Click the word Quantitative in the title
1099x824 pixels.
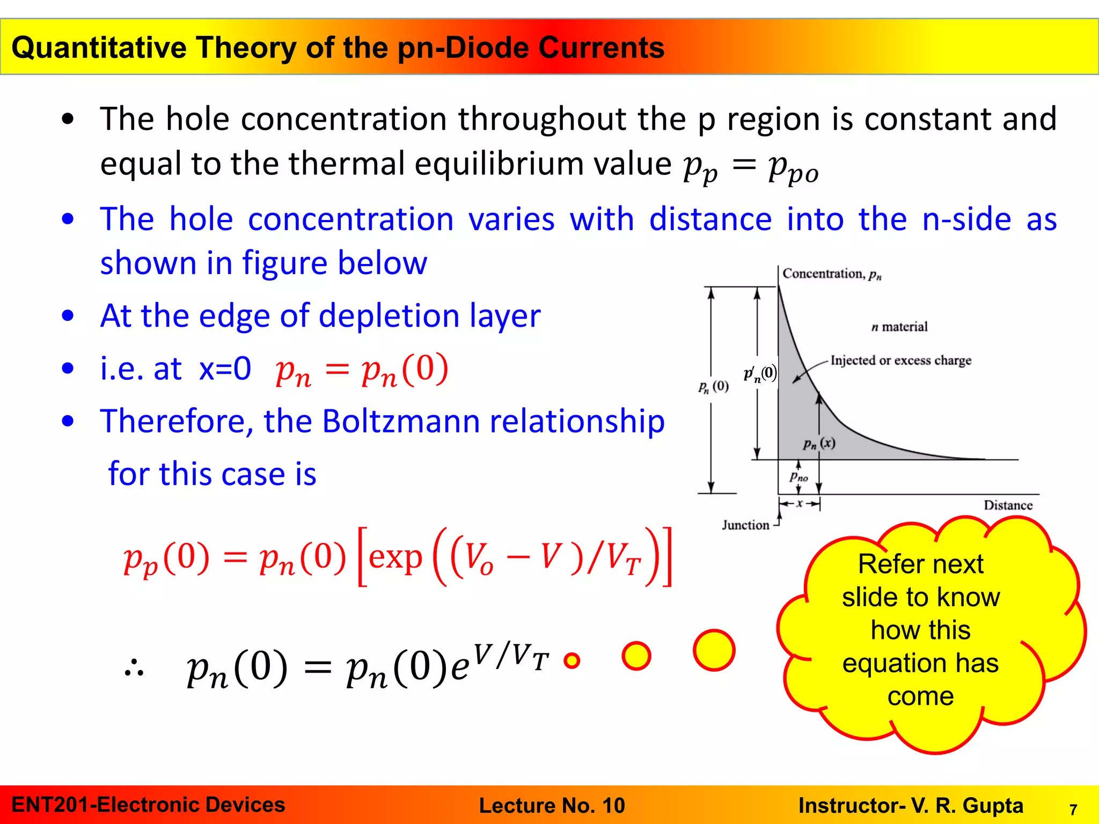[99, 48]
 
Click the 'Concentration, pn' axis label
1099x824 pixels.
[831, 274]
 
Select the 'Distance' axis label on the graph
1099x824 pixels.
[1008, 505]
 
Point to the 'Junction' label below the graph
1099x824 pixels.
[745, 525]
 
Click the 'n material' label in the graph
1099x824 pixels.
[899, 327]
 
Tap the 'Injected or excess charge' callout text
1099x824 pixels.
[900, 360]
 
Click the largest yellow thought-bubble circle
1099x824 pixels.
[714, 650]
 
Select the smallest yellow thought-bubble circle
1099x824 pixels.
[572, 660]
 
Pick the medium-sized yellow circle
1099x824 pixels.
[636, 656]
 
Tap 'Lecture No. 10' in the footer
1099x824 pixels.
[552, 806]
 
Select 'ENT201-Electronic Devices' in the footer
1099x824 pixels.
[148, 805]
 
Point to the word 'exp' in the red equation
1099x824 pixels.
[395, 558]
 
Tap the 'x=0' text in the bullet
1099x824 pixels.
[225, 369]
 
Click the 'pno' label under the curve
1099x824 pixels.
[798, 476]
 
